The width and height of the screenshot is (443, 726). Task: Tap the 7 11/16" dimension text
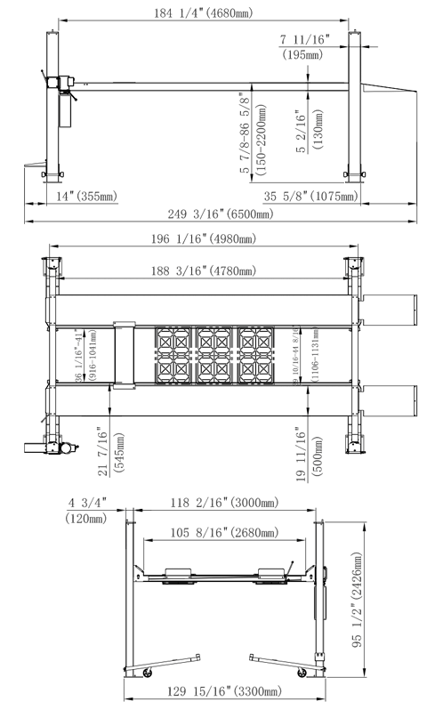coord(304,39)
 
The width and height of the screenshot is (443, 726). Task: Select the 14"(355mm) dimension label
coord(85,195)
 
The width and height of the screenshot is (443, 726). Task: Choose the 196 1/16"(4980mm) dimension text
coord(203,238)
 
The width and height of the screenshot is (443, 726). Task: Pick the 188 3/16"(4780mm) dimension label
coord(203,270)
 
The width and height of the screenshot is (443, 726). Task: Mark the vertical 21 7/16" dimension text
coord(109,452)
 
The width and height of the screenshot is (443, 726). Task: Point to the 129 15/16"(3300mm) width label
coord(222,691)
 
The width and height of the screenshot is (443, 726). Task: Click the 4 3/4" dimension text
coord(86,503)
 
